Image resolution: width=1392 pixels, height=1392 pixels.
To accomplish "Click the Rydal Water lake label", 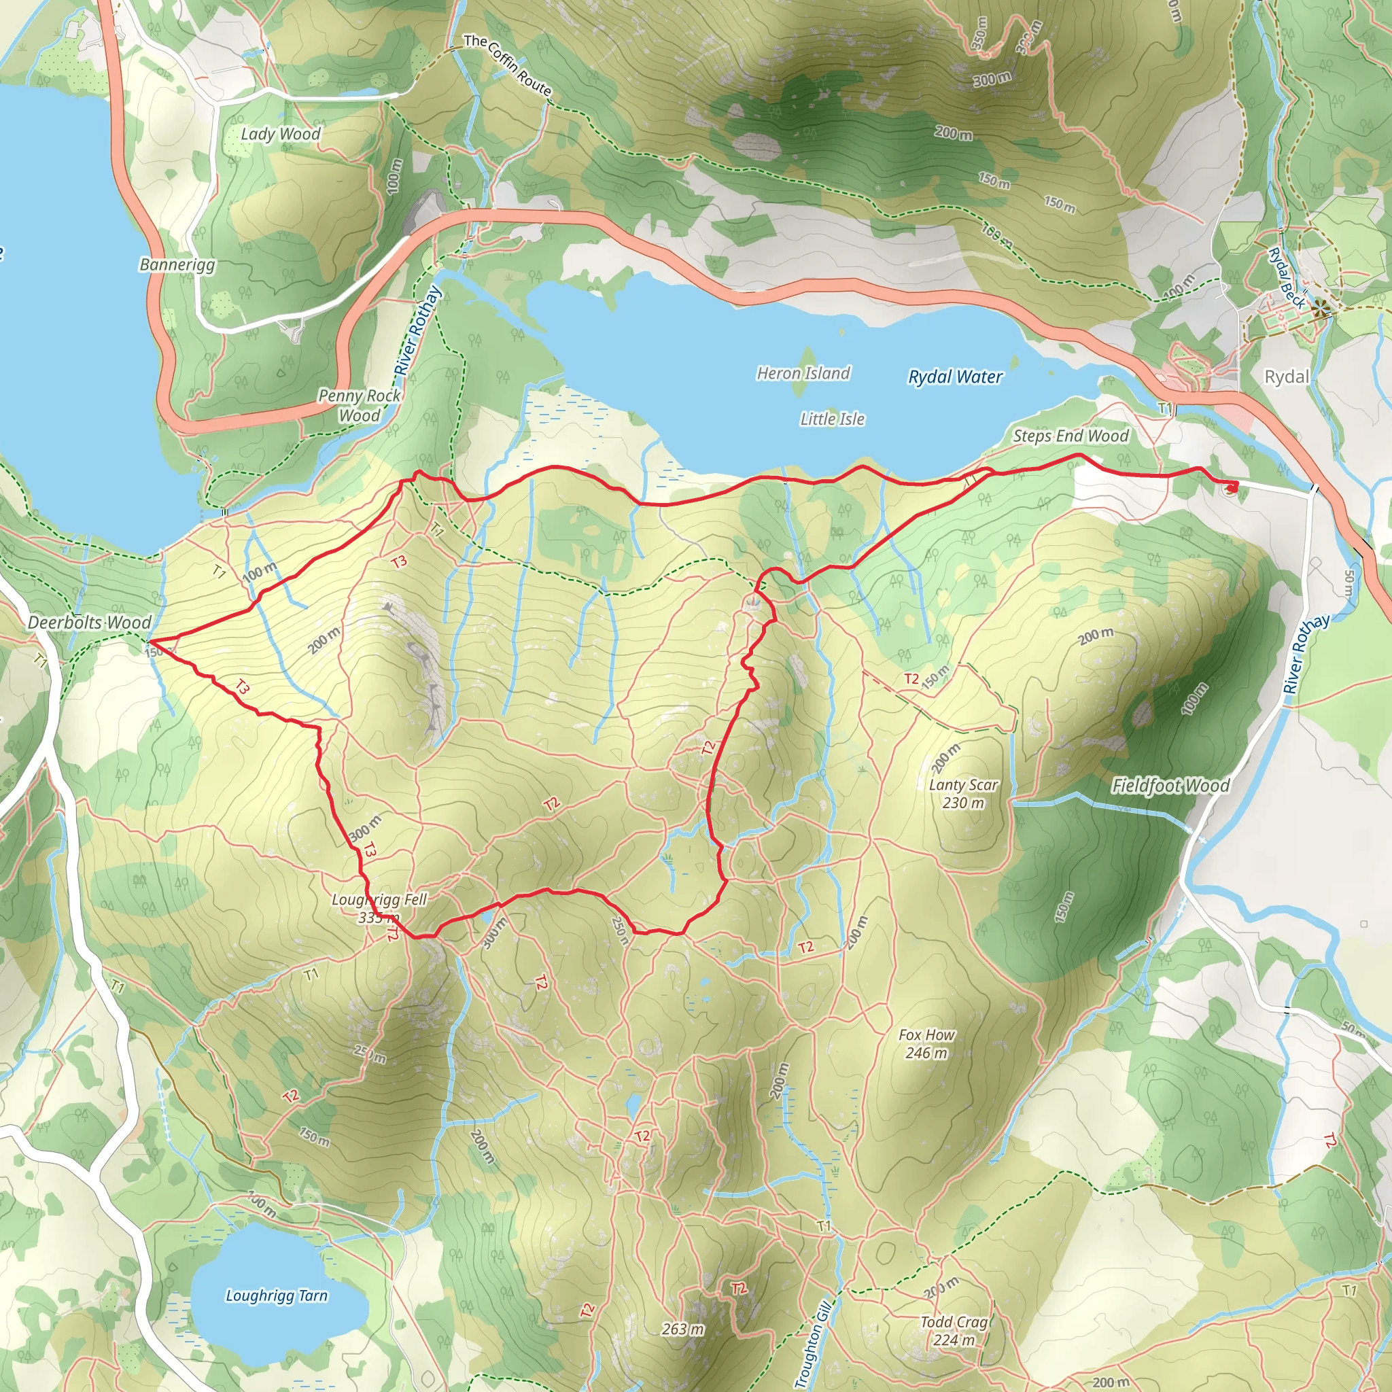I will point(955,377).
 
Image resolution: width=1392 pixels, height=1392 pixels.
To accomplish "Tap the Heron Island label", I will point(803,373).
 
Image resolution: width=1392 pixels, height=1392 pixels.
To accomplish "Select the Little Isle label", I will point(832,419).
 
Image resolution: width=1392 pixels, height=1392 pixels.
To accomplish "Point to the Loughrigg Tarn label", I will point(277,1295).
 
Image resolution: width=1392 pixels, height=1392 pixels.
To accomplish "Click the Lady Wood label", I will point(280,134).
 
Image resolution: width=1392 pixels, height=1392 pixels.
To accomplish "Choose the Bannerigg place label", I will point(177,264).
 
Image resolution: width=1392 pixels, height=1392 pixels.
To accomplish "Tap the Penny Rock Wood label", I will point(359,406).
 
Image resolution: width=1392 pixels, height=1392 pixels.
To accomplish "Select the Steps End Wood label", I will point(1071,436).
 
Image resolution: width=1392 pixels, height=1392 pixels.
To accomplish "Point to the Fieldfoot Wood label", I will point(1171,785).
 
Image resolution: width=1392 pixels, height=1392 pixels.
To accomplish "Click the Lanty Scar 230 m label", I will point(963,794).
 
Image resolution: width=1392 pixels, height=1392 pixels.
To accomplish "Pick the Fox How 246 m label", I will point(926,1044).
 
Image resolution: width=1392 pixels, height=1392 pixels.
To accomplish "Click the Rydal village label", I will point(1287,377).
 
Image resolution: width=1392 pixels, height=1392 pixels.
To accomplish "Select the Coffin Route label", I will point(508,65).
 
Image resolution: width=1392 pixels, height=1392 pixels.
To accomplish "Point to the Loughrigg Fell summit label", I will point(379,908).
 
